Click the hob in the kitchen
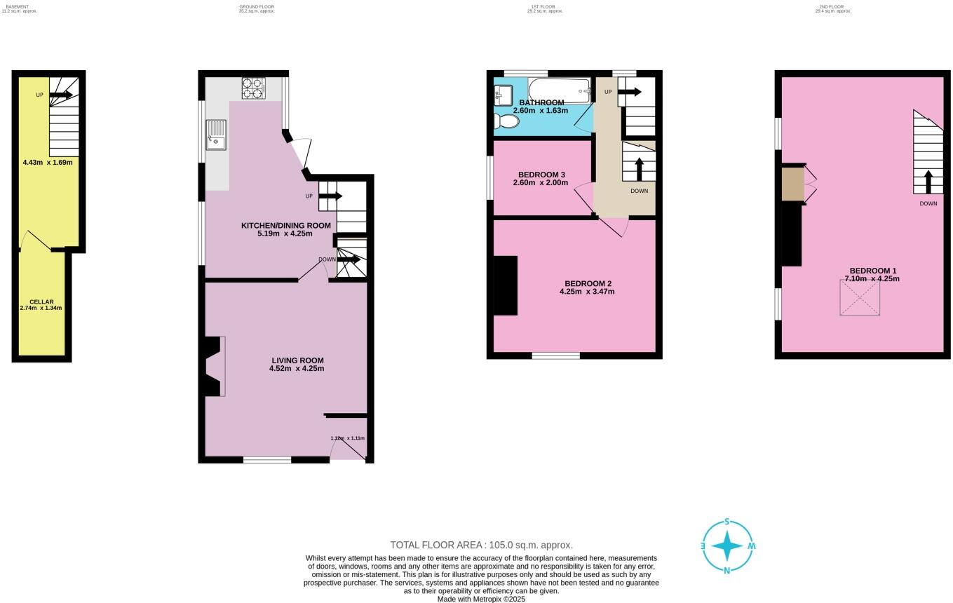(x=253, y=88)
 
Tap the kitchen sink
(x=216, y=135)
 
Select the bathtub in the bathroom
(x=560, y=90)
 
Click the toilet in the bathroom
(x=506, y=121)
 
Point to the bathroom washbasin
(x=503, y=95)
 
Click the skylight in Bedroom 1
(x=860, y=297)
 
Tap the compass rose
(x=727, y=546)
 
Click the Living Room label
(x=297, y=360)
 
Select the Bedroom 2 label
(x=588, y=283)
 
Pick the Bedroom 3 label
(x=541, y=175)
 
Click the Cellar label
(x=41, y=301)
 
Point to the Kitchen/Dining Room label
(x=285, y=225)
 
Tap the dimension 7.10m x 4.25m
(x=872, y=279)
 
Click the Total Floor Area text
(x=481, y=545)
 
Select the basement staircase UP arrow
(x=61, y=95)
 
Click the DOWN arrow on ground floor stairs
(x=349, y=259)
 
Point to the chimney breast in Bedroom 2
(x=506, y=285)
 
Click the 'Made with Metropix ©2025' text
(x=481, y=599)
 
